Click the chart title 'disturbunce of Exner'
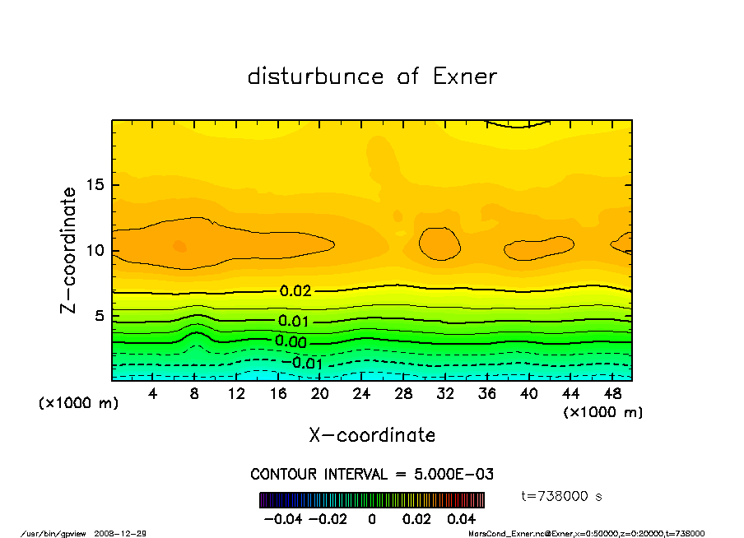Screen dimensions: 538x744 pos(372,77)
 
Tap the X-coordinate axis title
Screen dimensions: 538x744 pos(372,435)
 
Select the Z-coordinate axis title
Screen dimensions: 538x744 pos(69,250)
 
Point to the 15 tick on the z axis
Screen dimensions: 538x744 pos(97,184)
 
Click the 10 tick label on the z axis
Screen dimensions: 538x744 pos(97,250)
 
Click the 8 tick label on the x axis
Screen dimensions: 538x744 pos(195,394)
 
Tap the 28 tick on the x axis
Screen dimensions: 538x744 pos(403,394)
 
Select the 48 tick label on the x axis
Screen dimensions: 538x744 pos(612,394)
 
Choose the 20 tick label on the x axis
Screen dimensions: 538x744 pos(320,394)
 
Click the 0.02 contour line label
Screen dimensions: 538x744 pos(295,291)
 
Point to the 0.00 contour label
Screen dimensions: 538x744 pos(291,341)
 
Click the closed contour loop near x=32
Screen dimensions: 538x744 pos(439,243)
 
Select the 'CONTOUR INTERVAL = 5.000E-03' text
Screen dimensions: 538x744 pos(372,475)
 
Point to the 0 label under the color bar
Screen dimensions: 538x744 pos(372,519)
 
